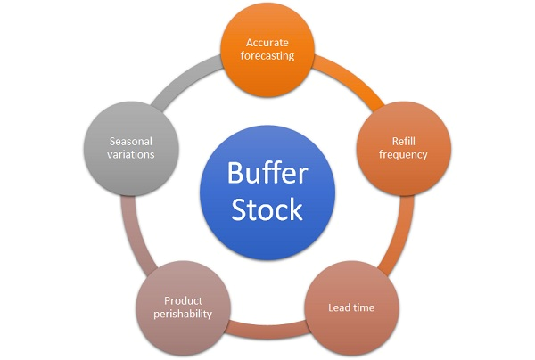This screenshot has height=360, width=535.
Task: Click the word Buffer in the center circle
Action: (267, 172)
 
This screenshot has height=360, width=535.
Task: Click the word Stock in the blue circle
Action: (267, 209)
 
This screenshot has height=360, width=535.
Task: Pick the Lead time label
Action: (351, 308)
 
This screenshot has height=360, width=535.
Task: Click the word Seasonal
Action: (132, 141)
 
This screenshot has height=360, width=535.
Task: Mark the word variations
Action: (132, 154)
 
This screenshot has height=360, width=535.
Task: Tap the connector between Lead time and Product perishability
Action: (267, 323)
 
